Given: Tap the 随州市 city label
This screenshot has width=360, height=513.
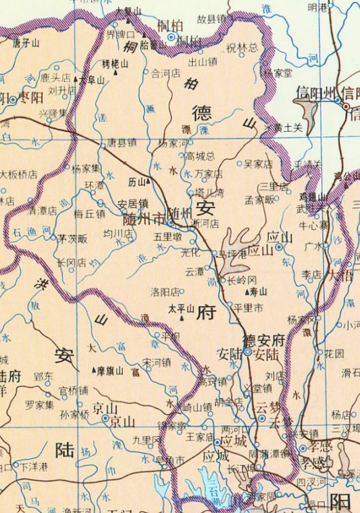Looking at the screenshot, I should pyautogui.click(x=143, y=218).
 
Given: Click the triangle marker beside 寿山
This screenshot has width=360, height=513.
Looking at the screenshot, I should pyautogui.click(x=247, y=290).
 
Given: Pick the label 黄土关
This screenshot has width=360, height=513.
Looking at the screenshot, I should pyautogui.click(x=288, y=128).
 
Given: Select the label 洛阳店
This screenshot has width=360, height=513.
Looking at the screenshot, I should pyautogui.click(x=165, y=291).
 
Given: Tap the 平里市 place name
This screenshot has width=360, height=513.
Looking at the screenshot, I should pyautogui.click(x=246, y=307).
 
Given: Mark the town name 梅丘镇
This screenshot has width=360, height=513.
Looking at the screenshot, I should pyautogui.click(x=90, y=214).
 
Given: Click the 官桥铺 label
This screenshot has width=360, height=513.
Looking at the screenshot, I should pyautogui.click(x=73, y=391).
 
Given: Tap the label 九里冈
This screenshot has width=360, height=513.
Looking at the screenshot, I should pyautogui.click(x=146, y=440).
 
